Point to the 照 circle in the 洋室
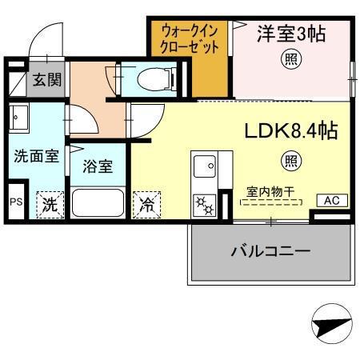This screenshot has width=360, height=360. (286, 60)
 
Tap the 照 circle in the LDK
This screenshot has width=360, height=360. (286, 161)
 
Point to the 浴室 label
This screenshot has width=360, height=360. (98, 167)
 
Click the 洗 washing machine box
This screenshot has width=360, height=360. (50, 203)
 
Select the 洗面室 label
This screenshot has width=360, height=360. (36, 156)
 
